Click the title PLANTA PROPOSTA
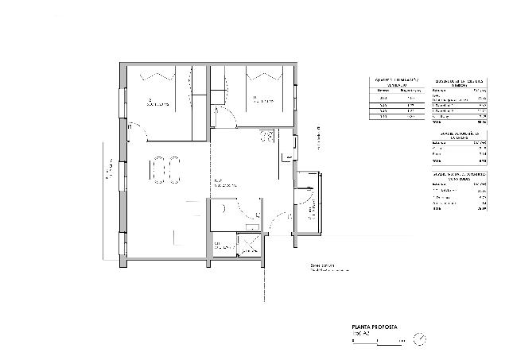click(374, 327)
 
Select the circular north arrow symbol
click(419, 339)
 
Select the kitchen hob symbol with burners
click(267, 136)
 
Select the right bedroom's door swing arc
click(225, 119)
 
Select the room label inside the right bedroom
click(262, 101)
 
